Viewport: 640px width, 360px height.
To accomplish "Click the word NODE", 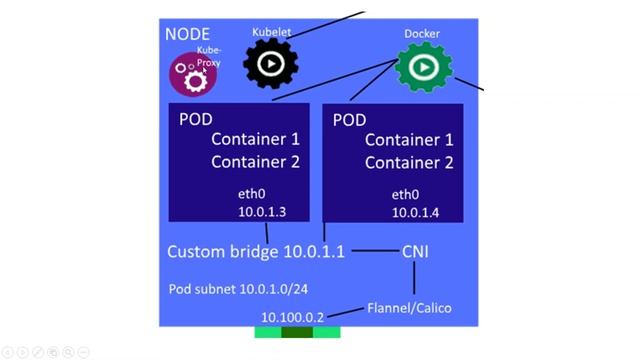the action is click(x=187, y=34).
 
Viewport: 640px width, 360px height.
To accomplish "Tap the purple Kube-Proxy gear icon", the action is click(x=189, y=75).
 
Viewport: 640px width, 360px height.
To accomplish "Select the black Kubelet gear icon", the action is click(x=270, y=65).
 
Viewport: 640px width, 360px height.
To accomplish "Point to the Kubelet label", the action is click(x=272, y=32).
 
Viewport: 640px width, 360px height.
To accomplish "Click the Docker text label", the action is click(x=422, y=34).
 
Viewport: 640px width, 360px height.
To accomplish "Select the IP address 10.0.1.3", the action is click(x=262, y=212).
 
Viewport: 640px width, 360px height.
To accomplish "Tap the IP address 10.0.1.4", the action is click(x=415, y=212).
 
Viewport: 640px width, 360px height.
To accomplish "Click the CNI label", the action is click(x=415, y=252).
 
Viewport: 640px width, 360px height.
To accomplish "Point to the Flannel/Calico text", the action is click(x=410, y=307).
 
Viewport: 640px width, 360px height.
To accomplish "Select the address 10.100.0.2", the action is click(x=293, y=317).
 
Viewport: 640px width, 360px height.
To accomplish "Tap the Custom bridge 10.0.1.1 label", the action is click(x=256, y=252).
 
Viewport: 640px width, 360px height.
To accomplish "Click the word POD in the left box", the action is click(x=196, y=119).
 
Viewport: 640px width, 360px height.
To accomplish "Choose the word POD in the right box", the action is click(x=349, y=120).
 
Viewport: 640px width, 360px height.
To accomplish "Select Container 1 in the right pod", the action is click(x=409, y=140).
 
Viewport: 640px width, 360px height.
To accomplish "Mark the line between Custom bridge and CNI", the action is click(x=374, y=251).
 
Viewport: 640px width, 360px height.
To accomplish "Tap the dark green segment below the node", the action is click(x=297, y=332).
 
